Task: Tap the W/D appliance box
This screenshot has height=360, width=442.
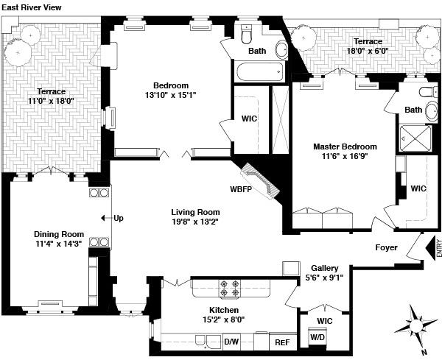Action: click(318, 336)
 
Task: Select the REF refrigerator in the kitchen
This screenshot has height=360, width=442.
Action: click(281, 342)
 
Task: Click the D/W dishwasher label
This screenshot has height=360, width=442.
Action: click(231, 342)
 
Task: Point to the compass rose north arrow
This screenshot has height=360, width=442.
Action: click(417, 327)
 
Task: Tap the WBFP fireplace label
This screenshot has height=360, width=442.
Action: click(241, 189)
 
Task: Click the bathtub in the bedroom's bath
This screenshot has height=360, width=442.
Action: click(259, 71)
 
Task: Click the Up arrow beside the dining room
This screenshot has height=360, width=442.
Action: click(116, 218)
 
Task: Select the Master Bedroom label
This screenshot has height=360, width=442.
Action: click(345, 147)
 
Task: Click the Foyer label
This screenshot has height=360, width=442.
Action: click(387, 248)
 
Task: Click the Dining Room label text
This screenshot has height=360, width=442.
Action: click(58, 235)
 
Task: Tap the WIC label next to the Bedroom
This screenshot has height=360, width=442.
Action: click(248, 118)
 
